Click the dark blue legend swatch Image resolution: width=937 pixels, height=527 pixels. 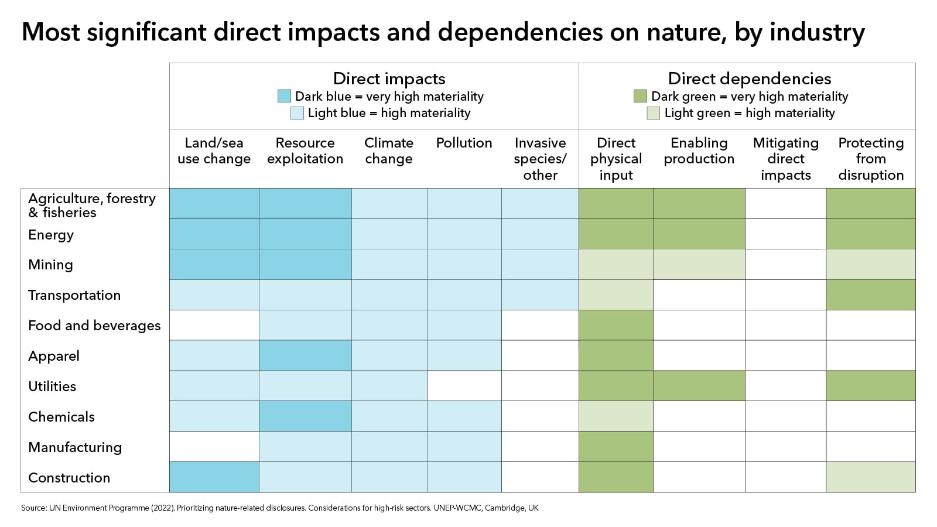(x=284, y=96)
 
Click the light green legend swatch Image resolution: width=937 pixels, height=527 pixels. (x=653, y=113)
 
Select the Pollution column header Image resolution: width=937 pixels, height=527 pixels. (x=464, y=143)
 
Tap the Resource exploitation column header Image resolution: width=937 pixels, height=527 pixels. (x=305, y=151)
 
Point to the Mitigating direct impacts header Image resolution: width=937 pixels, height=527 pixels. (x=785, y=159)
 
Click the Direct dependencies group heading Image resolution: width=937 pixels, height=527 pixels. (x=749, y=78)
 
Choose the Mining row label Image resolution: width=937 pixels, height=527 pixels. (x=51, y=265)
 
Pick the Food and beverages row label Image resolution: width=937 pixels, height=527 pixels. (x=94, y=326)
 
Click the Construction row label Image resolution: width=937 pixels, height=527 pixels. (x=69, y=478)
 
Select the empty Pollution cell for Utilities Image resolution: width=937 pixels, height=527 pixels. (x=464, y=386)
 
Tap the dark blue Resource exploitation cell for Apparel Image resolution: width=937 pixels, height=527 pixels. (x=305, y=355)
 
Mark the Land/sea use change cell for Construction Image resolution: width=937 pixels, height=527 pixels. (x=214, y=477)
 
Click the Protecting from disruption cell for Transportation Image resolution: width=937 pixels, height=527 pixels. (x=870, y=295)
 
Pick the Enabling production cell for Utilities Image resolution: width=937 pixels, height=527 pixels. (x=699, y=386)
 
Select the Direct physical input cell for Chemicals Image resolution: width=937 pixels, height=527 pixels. (x=616, y=416)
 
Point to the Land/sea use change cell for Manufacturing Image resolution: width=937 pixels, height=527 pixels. (x=214, y=447)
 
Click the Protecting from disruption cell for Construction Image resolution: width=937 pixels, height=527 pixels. (x=870, y=477)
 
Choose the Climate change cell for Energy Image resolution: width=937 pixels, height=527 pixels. (x=389, y=234)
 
